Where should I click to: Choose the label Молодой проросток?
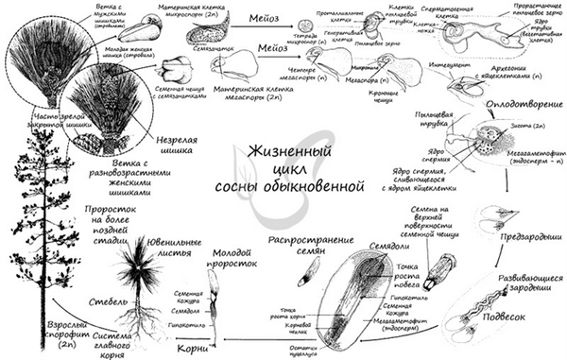(x=233, y=259)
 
